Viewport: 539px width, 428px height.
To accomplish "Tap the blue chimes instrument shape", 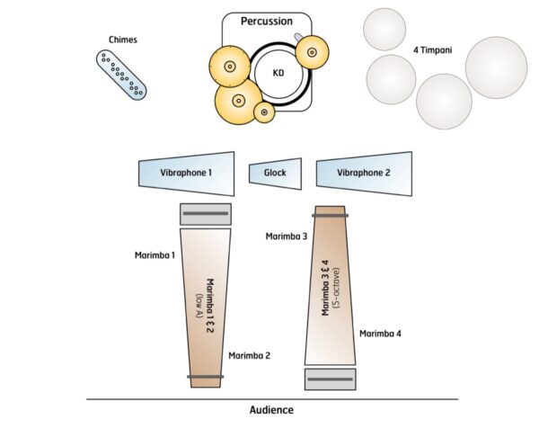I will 121,74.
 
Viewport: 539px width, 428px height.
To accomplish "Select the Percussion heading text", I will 266,20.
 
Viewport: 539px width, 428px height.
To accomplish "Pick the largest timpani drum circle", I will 496,67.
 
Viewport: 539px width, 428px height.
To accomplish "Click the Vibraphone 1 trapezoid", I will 186,171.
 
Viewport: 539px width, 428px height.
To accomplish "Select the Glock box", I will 274,171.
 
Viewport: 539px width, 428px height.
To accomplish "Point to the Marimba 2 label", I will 250,355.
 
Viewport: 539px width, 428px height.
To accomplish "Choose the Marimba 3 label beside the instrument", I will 286,236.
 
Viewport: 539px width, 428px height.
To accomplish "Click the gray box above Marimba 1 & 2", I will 206,214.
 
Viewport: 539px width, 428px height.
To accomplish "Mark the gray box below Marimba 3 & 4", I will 331,379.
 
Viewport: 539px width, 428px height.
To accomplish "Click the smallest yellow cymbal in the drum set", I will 264,111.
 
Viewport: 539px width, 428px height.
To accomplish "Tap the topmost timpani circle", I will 384,29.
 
